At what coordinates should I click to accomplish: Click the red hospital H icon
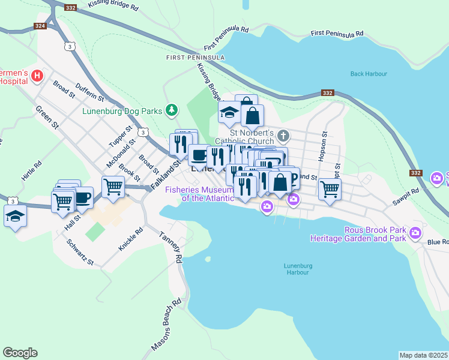(x=37, y=76)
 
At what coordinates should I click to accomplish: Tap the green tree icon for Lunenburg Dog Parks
(x=172, y=109)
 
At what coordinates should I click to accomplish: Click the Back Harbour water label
(x=369, y=74)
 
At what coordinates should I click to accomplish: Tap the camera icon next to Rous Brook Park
(x=415, y=233)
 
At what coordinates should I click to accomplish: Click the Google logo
(x=20, y=353)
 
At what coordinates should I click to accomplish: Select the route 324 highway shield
(x=40, y=26)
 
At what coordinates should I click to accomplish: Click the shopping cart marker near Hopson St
(x=330, y=188)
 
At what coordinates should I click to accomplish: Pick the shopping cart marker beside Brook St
(x=113, y=187)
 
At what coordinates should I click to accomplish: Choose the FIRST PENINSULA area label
(x=196, y=58)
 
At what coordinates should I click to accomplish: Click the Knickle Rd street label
(x=131, y=239)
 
